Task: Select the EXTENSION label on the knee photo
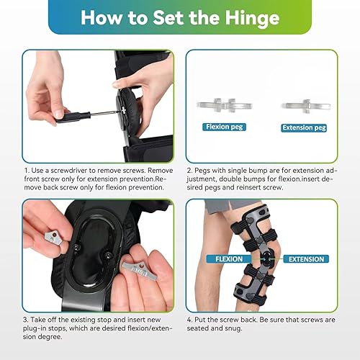[x=303, y=258]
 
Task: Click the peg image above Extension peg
[x=303, y=104]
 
